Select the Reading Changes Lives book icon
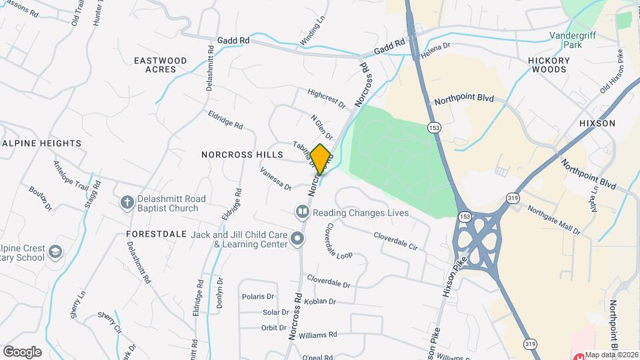click(x=303, y=212)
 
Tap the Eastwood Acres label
click(x=160, y=65)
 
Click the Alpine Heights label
click(x=41, y=143)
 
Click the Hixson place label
click(x=597, y=123)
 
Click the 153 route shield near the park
click(x=435, y=127)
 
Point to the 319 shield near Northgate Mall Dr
click(x=513, y=198)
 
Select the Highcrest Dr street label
click(x=327, y=99)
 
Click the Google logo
click(x=22, y=351)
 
